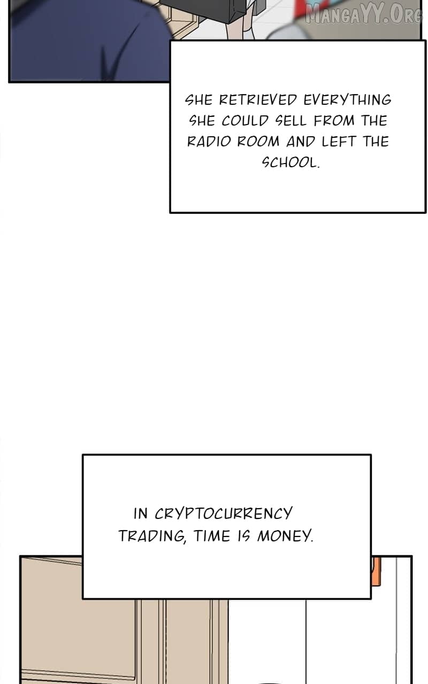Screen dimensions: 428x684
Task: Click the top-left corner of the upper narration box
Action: tap(170, 41)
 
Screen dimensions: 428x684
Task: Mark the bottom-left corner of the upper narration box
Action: tap(170, 212)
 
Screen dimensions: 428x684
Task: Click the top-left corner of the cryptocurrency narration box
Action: tap(83, 455)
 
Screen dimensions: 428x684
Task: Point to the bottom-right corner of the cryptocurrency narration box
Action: tap(371, 598)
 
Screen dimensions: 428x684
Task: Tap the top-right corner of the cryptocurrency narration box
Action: tap(371, 455)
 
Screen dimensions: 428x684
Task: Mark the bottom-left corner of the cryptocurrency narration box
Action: tap(83, 598)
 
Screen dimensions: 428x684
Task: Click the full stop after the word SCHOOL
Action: tap(318, 167)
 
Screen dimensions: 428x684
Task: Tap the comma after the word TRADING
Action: tap(185, 542)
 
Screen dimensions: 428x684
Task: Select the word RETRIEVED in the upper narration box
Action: tap(258, 100)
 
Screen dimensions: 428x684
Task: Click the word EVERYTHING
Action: tap(348, 100)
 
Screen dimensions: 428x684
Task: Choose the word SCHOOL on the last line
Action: tap(289, 162)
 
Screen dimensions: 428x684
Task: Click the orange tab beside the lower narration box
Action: tap(376, 571)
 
